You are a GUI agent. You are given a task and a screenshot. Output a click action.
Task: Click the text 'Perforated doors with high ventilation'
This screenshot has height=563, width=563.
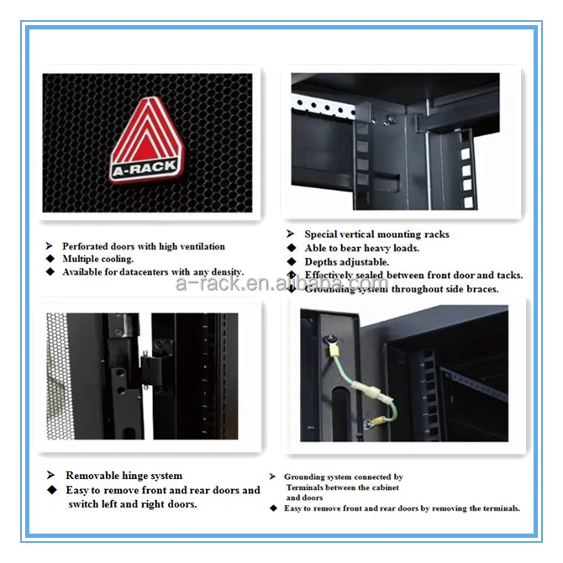144,246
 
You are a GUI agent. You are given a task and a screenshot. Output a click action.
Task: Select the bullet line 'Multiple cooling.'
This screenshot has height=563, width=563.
97,259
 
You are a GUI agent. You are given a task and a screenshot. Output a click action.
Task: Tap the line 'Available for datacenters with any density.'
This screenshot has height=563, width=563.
153,271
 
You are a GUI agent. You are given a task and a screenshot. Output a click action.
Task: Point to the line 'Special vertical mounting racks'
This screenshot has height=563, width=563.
376,234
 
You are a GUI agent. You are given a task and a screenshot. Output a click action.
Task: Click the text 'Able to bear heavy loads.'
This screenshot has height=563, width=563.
361,248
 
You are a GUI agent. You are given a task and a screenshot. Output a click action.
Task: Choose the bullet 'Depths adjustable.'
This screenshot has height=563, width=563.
346,261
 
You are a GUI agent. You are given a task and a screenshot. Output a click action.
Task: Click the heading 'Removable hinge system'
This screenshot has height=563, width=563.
124,476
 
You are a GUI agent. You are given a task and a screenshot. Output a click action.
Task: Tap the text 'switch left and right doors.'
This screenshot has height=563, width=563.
133,504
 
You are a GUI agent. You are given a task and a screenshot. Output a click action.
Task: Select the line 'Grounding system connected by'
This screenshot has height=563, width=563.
343,476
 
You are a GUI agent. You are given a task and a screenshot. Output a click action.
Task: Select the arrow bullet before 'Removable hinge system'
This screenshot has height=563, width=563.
50,476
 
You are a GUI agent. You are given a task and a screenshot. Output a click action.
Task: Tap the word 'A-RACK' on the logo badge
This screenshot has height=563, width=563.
145,166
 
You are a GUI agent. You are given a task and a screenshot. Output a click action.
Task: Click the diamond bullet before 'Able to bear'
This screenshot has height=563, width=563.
291,248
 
